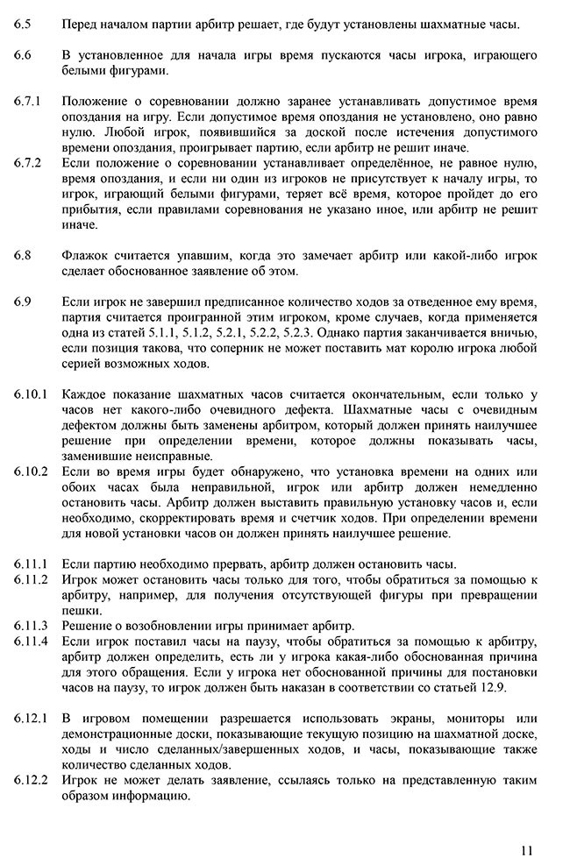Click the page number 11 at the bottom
click(526, 848)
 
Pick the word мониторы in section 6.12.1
click(476, 719)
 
